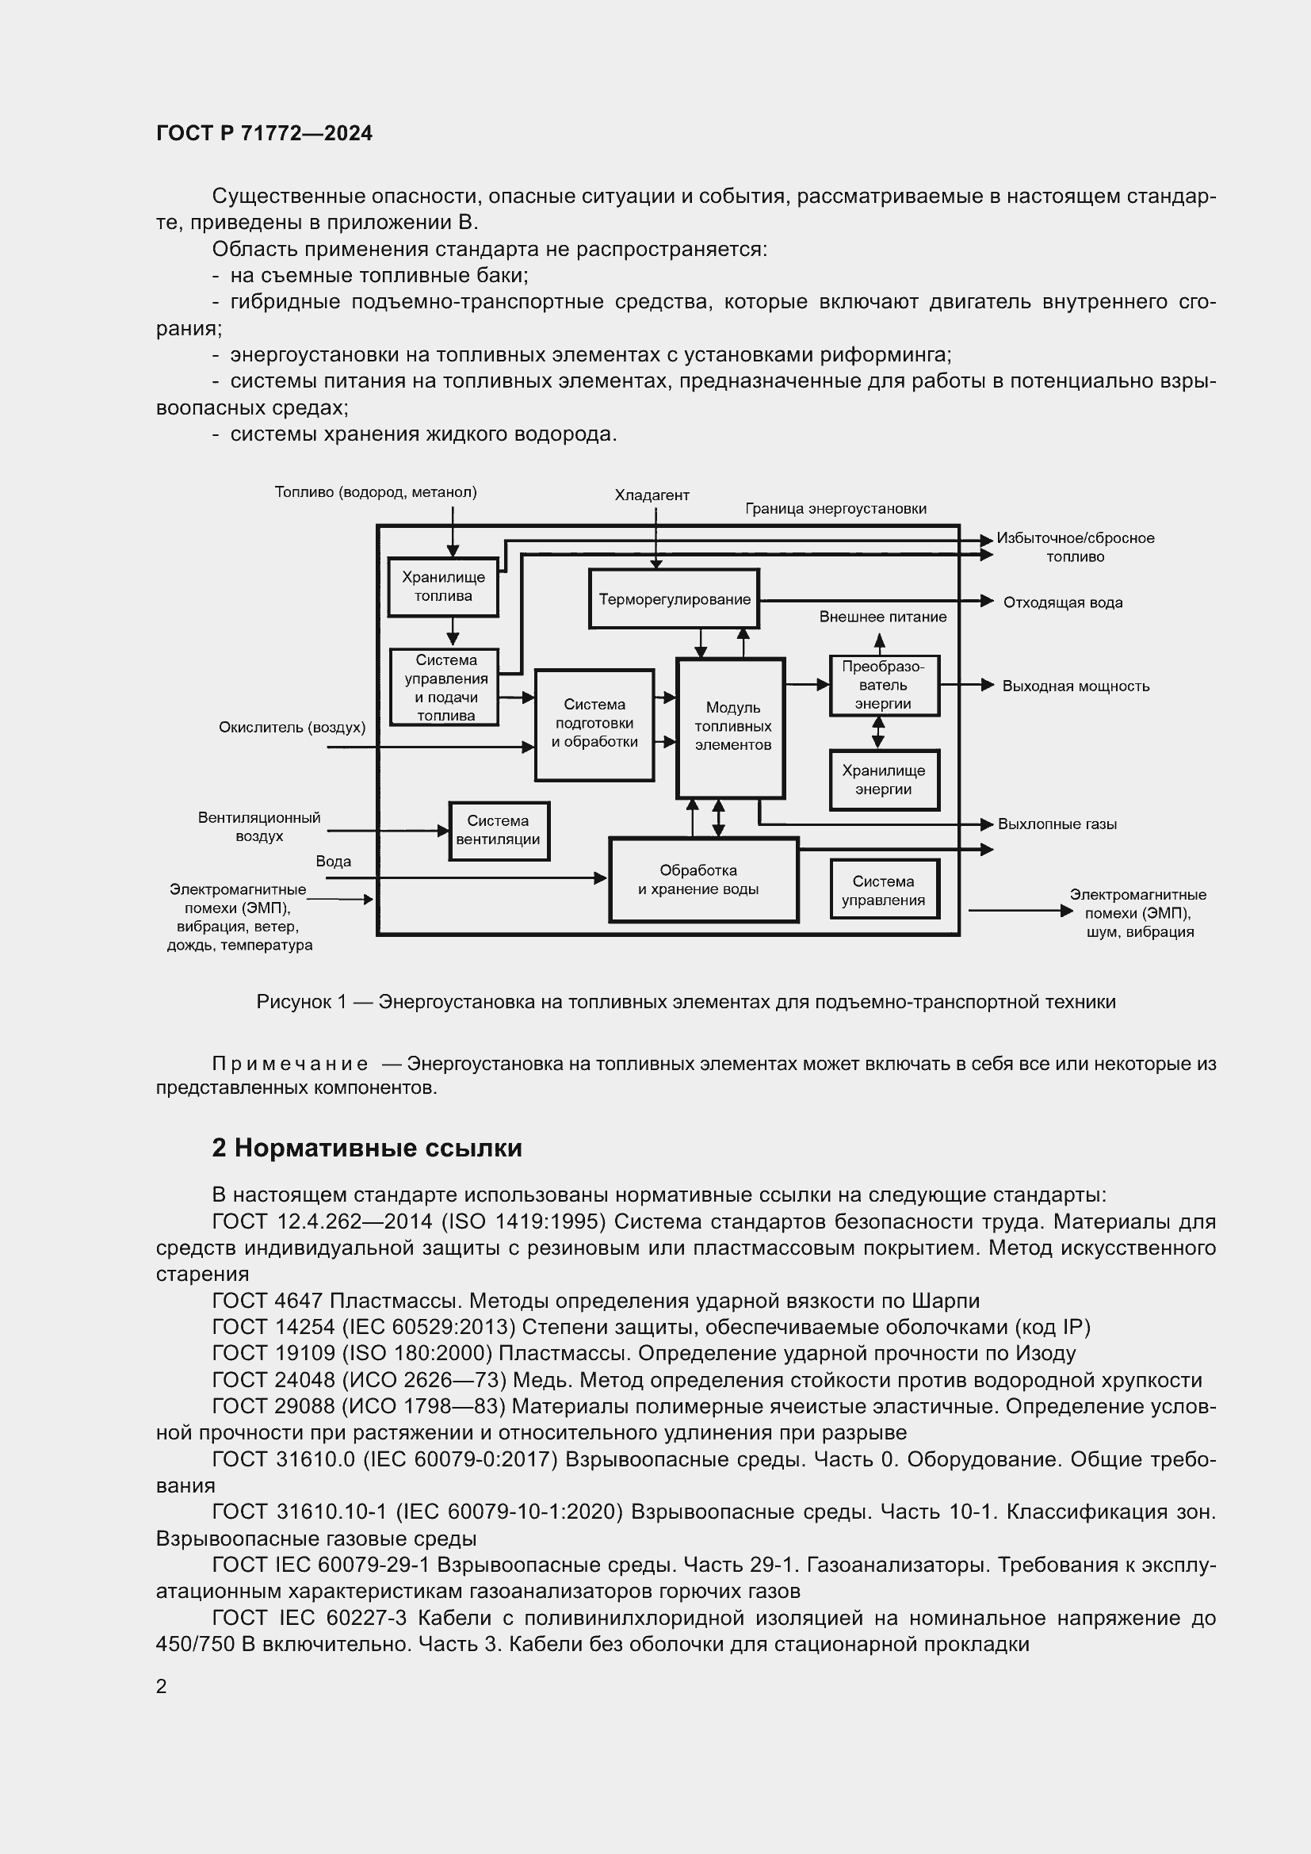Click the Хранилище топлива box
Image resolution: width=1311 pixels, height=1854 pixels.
[x=442, y=587]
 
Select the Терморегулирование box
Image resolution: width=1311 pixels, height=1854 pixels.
[x=674, y=599]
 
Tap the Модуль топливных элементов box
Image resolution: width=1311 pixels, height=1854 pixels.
[x=732, y=727]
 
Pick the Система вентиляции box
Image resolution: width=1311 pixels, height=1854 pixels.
[x=498, y=830]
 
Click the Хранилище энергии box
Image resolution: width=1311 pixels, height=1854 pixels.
[x=884, y=779]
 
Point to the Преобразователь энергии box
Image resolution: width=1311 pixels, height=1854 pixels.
[x=884, y=685]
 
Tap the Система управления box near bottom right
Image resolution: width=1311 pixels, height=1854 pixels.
[x=884, y=891]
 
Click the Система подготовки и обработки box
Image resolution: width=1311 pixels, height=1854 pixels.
[x=594, y=724]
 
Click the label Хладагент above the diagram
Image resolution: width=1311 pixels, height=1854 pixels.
[x=652, y=495]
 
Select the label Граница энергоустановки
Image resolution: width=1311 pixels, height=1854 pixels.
[x=835, y=509]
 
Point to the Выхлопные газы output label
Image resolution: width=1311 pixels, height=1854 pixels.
[x=1057, y=824]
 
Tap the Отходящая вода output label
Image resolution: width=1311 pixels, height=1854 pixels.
[x=1062, y=602]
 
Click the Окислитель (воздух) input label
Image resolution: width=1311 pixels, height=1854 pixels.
[x=292, y=728]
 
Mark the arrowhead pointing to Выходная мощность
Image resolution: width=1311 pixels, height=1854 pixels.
[x=988, y=685]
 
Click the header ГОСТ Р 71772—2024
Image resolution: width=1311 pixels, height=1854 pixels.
[x=264, y=133]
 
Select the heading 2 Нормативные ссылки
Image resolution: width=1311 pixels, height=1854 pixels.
[x=366, y=1149]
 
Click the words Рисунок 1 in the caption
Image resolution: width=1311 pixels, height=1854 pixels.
[x=301, y=1002]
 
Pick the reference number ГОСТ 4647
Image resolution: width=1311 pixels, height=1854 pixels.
[x=267, y=1301]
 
